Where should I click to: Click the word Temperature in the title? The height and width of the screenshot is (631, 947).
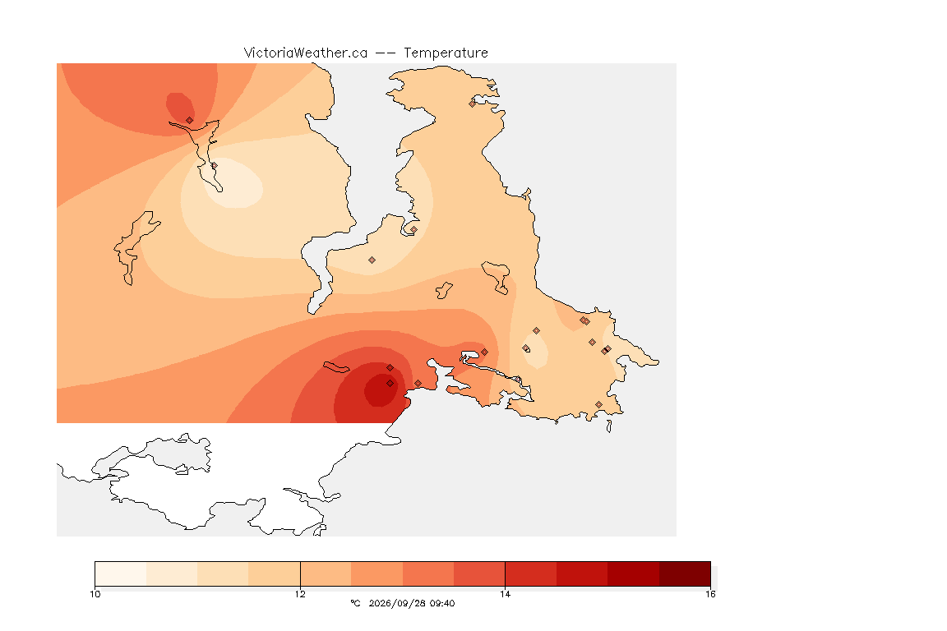[x=446, y=53]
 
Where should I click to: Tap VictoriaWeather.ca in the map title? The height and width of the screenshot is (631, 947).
[x=306, y=53]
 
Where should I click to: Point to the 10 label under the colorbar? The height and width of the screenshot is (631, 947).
[x=95, y=594]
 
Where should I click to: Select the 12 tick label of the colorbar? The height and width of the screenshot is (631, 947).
[x=300, y=594]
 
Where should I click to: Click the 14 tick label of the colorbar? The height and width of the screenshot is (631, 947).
[x=505, y=594]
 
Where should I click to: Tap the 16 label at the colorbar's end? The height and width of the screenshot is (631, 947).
[x=710, y=594]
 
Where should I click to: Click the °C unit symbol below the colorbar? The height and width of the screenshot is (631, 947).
[x=355, y=603]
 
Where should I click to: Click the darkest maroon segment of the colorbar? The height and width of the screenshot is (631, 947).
[x=685, y=573]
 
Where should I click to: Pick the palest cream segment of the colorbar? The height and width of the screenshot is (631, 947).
[x=121, y=573]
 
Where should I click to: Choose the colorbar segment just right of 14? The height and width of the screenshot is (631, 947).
[x=531, y=573]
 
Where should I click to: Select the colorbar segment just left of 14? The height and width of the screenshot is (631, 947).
[x=479, y=573]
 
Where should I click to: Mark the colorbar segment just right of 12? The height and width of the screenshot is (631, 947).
[x=326, y=573]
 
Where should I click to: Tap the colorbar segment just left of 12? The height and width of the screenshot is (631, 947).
[x=275, y=573]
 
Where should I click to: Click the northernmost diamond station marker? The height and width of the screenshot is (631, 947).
[x=473, y=104]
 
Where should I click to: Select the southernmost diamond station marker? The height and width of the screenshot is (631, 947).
[x=598, y=404]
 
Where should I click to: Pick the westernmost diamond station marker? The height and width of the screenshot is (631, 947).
[x=190, y=120]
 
